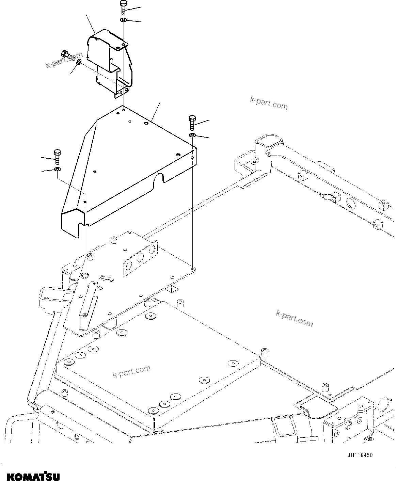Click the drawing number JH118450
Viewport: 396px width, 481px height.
point(360,455)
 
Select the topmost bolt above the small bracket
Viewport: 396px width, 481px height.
point(123,8)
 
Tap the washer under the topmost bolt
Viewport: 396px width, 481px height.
point(124,21)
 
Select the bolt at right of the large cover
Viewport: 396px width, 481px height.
point(192,123)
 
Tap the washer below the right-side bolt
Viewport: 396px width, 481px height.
point(192,136)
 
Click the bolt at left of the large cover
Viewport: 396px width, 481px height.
point(57,156)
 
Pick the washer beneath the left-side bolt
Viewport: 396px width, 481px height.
point(57,169)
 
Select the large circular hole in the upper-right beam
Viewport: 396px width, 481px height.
point(350,202)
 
